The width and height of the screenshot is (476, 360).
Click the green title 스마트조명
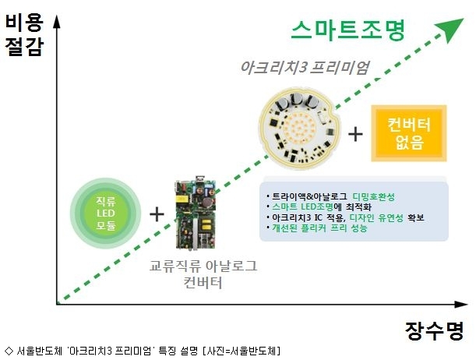(348, 30)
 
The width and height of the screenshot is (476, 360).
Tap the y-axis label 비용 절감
(24, 35)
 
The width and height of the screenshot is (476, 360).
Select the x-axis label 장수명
(435, 330)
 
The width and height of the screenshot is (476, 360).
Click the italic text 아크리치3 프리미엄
(305, 67)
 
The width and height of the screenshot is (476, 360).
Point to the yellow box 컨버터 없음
(409, 133)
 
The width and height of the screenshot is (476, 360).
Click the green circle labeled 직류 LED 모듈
(106, 213)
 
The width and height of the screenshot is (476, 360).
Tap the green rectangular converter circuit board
(196, 214)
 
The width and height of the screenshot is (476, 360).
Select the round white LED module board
(299, 128)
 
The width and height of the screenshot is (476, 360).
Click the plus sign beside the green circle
(157, 214)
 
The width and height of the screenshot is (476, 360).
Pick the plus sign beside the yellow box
(355, 135)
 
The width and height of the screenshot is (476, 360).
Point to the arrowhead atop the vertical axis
(56, 21)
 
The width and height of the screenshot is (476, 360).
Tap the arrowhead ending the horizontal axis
(461, 304)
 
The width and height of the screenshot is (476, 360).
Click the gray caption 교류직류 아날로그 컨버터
(203, 274)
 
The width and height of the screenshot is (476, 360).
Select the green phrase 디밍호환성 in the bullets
(373, 197)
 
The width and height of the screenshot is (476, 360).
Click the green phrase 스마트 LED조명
(302, 207)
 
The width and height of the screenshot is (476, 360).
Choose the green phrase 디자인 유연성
(376, 217)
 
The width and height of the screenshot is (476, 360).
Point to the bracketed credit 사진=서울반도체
(242, 351)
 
